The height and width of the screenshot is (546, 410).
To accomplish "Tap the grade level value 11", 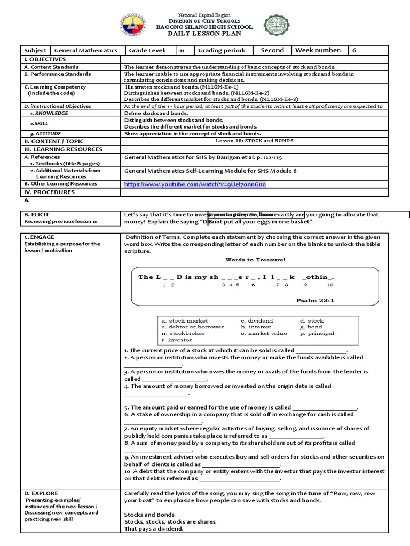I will pos(182,50).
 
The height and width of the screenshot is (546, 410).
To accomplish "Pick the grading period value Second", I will pos(272,50).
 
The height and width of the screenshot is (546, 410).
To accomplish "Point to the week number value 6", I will pos(353,50).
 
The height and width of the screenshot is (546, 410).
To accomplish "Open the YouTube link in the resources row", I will pos(194,184).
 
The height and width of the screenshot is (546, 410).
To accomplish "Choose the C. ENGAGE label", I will pos(39,237).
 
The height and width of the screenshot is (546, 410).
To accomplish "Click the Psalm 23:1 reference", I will pos(315,300).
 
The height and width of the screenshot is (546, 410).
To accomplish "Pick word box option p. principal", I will pos(317,333).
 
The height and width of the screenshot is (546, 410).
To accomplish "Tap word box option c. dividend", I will pos(257,320).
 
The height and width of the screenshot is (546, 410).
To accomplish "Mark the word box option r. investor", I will pos(177,340).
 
